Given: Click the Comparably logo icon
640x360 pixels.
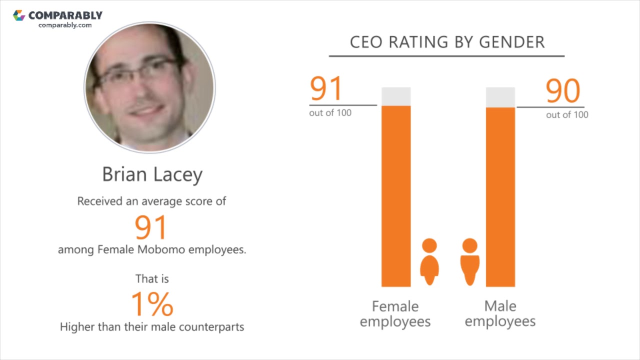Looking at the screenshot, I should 19,15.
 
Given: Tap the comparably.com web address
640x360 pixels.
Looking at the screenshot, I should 65,25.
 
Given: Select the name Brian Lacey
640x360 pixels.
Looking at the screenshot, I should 152,174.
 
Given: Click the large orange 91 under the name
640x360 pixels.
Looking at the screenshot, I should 150,227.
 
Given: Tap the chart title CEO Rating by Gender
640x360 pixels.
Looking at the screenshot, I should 447,42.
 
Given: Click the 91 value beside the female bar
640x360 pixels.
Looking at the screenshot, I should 326,89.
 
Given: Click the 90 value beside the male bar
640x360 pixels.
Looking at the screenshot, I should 563,91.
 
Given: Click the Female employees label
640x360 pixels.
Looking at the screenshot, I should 395,313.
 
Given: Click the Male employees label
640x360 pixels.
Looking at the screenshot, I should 500,313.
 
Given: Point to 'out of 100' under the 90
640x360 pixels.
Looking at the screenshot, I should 567,115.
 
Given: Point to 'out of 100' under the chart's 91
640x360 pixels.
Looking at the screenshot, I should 330,113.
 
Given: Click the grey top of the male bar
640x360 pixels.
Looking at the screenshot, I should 500,97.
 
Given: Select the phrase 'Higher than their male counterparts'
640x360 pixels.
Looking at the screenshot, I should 152,327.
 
